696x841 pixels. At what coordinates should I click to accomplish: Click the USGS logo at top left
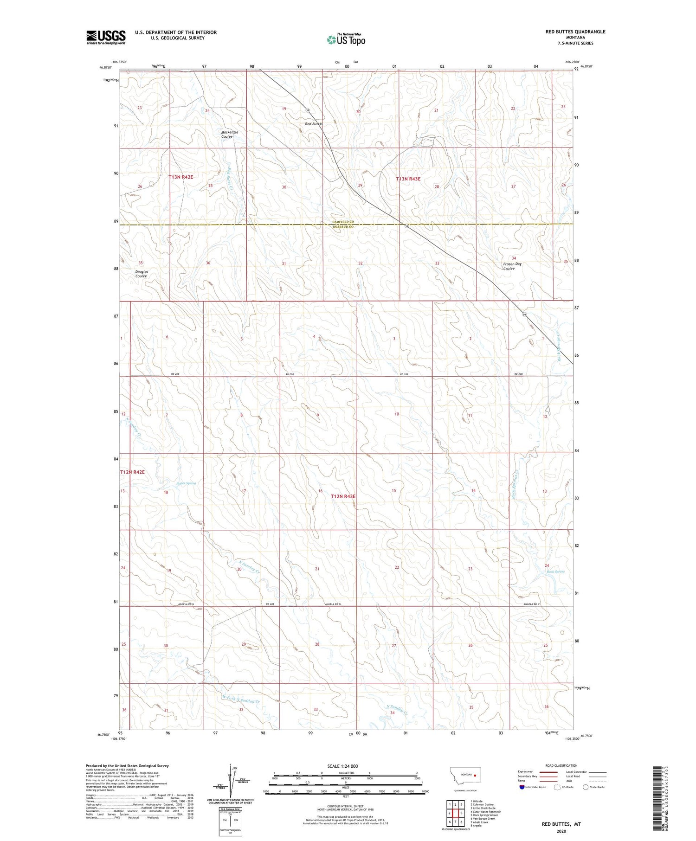(x=106, y=37)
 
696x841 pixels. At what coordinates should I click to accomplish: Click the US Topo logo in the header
(x=346, y=40)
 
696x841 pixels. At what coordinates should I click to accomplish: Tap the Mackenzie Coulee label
(x=229, y=135)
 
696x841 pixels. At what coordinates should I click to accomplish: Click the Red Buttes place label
(x=314, y=124)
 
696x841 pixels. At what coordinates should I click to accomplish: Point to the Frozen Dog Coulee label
(x=512, y=266)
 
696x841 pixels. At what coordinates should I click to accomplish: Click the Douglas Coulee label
(x=142, y=274)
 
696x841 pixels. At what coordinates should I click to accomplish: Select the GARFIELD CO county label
(x=343, y=222)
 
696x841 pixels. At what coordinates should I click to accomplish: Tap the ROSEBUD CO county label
(x=343, y=227)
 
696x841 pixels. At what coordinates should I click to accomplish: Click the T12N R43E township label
(x=343, y=496)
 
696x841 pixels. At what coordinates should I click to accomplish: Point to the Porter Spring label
(x=187, y=483)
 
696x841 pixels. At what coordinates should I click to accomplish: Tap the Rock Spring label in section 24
(x=555, y=571)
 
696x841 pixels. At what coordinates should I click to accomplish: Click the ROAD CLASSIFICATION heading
(x=561, y=765)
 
